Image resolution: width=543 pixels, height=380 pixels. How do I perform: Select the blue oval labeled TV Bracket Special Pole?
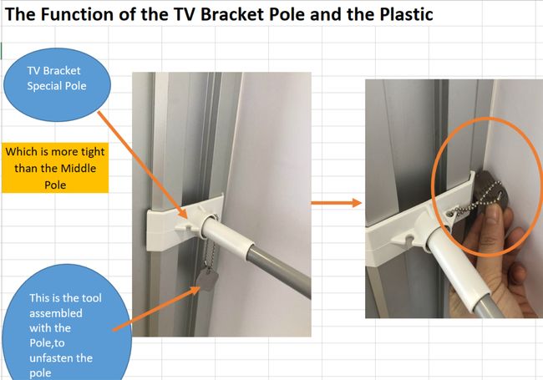coord(57,85)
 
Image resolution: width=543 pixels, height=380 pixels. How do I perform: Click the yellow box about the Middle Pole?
coord(55,168)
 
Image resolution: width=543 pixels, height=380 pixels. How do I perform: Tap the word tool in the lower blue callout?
coord(91,298)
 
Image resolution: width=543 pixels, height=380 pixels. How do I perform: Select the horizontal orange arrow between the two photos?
coord(337,203)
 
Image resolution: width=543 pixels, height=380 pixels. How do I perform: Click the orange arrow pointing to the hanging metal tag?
coord(156,309)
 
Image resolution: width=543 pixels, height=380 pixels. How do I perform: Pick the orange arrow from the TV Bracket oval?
coord(143,165)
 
